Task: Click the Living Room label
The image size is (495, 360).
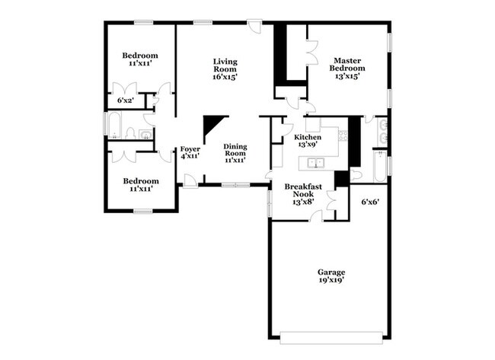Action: (225, 69)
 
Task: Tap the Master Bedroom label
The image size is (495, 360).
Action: (347, 68)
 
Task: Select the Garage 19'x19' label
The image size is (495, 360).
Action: (331, 276)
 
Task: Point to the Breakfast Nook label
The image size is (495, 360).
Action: (303, 194)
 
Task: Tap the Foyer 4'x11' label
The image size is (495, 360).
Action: (190, 152)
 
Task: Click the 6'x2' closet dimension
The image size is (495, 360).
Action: (126, 100)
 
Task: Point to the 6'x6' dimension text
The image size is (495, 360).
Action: (370, 202)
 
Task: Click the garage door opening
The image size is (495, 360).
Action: (331, 337)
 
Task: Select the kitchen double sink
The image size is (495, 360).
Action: (316, 163)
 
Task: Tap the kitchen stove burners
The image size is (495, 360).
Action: (343, 135)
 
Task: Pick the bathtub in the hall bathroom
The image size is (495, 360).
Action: (114, 125)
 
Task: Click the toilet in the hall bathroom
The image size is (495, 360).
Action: (130, 133)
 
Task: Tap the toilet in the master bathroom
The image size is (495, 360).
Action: (356, 174)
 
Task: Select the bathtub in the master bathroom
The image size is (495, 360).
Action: (380, 166)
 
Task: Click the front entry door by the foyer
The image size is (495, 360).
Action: (190, 182)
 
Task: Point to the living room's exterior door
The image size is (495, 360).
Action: (254, 25)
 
